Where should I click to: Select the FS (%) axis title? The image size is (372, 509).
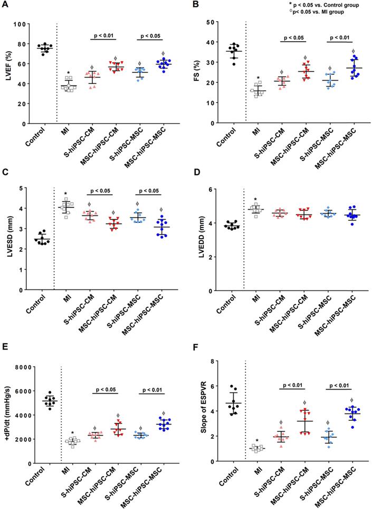coord(198,72)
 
